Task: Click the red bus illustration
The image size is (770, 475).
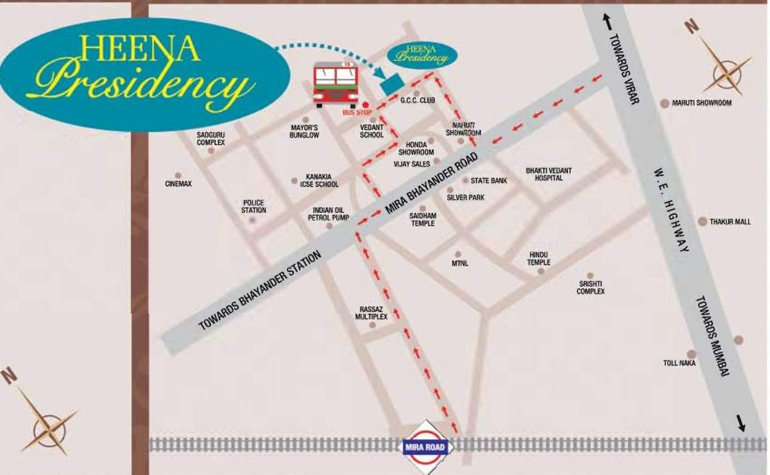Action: [336, 84]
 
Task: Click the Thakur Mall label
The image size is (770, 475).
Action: [730, 222]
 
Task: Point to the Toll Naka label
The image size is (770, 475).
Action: [680, 363]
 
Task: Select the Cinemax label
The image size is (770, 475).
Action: [178, 184]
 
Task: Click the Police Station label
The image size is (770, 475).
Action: [253, 206]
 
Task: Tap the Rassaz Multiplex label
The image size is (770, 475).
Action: [372, 313]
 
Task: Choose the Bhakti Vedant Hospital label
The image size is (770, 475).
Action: [549, 174]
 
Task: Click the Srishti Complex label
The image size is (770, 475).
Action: [590, 287]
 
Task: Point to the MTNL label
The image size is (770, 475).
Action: [460, 263]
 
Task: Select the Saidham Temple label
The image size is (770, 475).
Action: [423, 220]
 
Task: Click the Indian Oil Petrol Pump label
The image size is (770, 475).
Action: [328, 214]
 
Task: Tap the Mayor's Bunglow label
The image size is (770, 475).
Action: [304, 131]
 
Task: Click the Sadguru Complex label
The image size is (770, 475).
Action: [211, 138]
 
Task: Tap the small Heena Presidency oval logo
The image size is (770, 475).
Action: [422, 54]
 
